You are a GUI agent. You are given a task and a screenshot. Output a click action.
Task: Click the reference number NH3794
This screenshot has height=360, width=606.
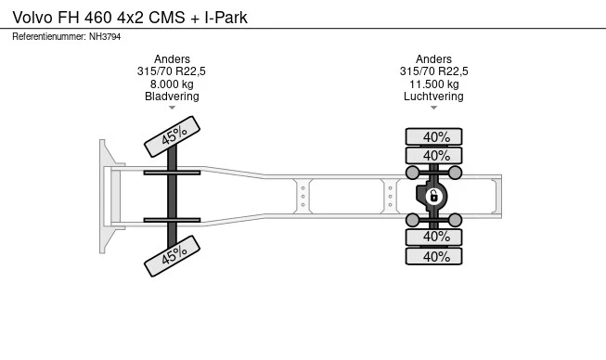[105, 37]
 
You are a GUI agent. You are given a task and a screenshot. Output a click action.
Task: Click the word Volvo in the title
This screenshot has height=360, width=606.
[32, 18]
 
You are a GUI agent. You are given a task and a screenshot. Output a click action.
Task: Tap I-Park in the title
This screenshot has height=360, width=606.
[226, 18]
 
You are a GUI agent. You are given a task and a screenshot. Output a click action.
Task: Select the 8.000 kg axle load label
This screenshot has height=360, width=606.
[172, 84]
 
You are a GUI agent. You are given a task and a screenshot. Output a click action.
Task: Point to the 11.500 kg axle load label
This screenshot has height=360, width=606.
[434, 84]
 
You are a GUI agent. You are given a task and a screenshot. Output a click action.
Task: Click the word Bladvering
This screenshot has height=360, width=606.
[172, 96]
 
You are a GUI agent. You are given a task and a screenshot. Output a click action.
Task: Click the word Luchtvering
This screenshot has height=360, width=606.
[433, 96]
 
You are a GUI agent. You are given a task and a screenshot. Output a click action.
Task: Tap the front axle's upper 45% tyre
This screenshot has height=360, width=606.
[172, 136]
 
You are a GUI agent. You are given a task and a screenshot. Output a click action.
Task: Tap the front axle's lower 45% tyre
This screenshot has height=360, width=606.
[172, 256]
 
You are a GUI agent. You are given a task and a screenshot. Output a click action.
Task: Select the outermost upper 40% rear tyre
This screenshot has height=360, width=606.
[433, 136]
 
